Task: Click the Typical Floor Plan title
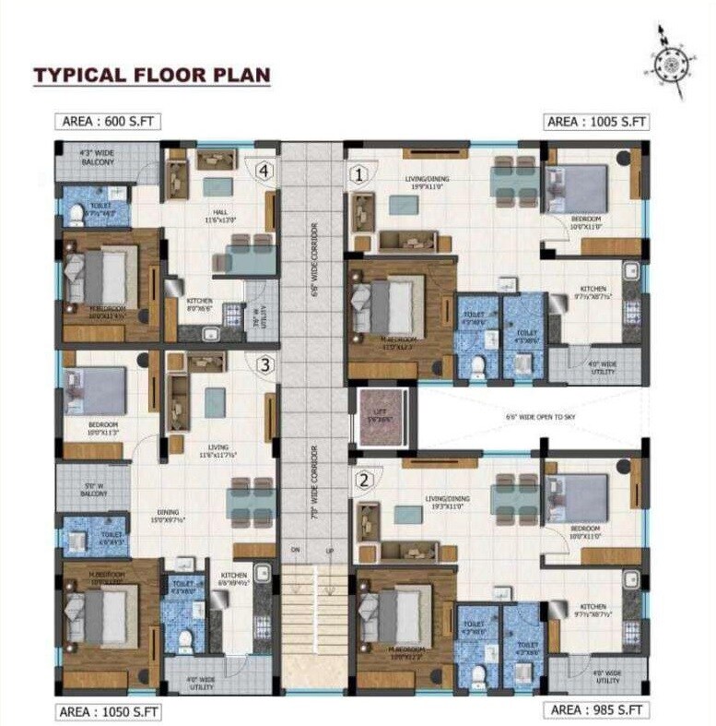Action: (x=152, y=75)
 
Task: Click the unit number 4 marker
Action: (x=264, y=171)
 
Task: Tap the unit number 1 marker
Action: (x=358, y=172)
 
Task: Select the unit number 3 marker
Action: (x=264, y=364)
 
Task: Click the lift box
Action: (x=381, y=418)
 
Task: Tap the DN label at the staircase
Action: (x=296, y=551)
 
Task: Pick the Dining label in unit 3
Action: (x=167, y=514)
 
